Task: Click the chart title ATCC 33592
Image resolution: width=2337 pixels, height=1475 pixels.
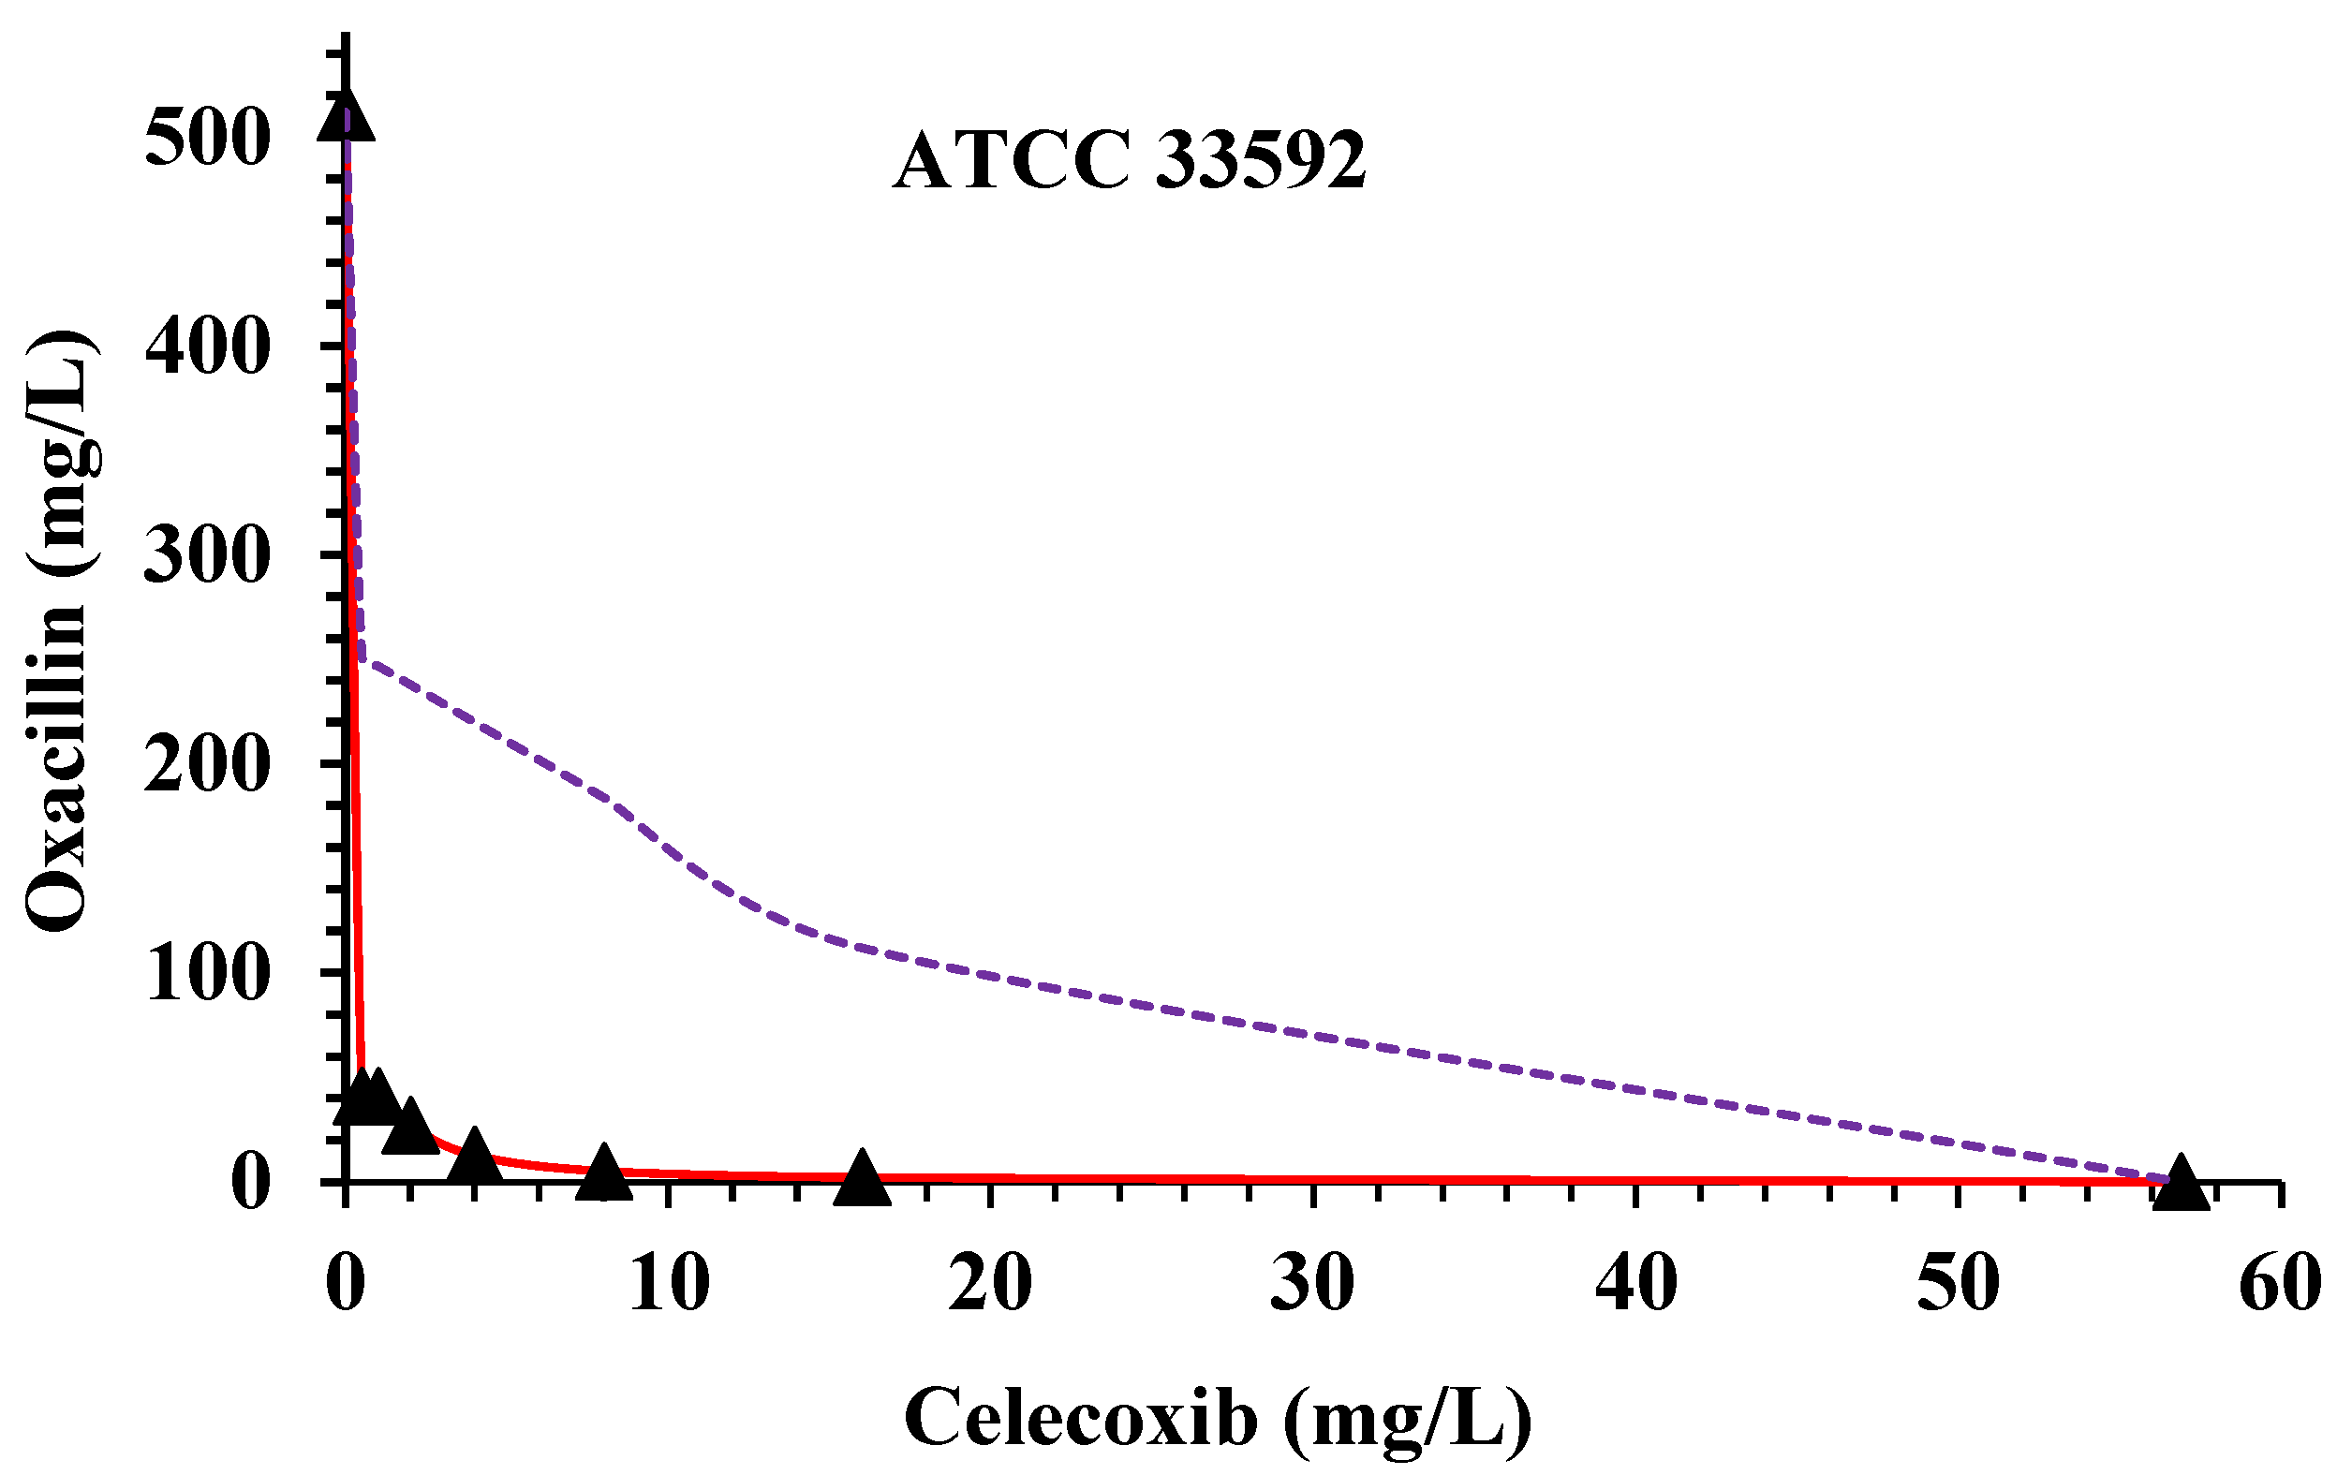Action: pyautogui.click(x=1130, y=162)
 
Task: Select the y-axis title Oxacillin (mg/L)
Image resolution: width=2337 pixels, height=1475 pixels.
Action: pyautogui.click(x=60, y=631)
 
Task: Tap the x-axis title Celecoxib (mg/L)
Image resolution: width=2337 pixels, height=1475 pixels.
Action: pyautogui.click(x=1217, y=1420)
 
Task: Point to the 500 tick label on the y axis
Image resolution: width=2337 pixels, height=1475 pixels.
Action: pyautogui.click(x=207, y=138)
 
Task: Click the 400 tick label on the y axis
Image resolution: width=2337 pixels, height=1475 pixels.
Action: pyautogui.click(x=207, y=347)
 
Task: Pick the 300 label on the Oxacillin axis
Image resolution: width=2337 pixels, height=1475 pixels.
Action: pyautogui.click(x=207, y=556)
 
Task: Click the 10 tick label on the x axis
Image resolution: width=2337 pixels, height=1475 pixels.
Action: pyautogui.click(x=669, y=1283)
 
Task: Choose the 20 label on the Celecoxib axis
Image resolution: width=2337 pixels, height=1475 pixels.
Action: pyautogui.click(x=990, y=1283)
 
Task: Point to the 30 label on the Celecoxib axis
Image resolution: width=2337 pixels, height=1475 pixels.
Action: pyautogui.click(x=1313, y=1283)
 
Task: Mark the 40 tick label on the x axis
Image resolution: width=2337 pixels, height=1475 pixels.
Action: pyautogui.click(x=1636, y=1283)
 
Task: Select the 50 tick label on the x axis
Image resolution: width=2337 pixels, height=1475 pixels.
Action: pyautogui.click(x=1959, y=1283)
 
